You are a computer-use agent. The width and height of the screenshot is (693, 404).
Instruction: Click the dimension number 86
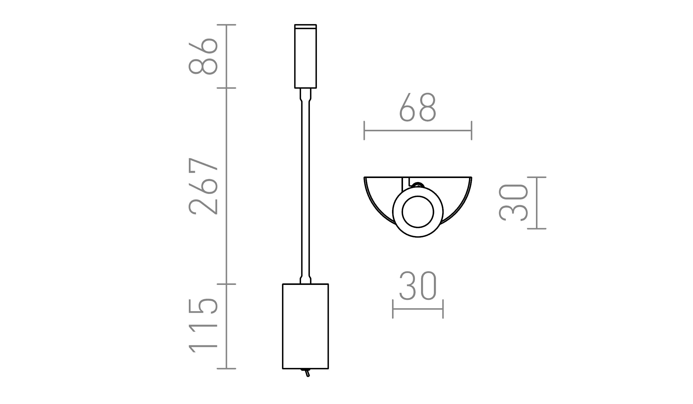[x=203, y=56]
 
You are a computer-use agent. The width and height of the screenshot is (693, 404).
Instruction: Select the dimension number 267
[x=203, y=186]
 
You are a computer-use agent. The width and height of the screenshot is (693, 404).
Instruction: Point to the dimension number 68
[x=418, y=107]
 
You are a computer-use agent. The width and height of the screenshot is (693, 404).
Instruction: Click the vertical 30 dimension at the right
[x=513, y=203]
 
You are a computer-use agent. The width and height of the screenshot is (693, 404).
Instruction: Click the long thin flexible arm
[x=305, y=186]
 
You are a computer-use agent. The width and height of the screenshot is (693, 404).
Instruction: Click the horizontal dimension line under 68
[x=418, y=131]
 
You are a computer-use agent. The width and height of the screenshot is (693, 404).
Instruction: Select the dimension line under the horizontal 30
[x=418, y=309]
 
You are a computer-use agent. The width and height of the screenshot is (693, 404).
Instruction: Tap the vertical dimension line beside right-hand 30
[x=537, y=203]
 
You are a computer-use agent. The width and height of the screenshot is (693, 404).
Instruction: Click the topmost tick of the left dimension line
[x=226, y=25]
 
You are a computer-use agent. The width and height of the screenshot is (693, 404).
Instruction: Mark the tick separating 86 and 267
[x=226, y=88]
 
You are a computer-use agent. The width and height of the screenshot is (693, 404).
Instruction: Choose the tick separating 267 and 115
[x=226, y=284]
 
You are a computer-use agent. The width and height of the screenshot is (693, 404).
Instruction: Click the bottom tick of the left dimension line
[x=226, y=369]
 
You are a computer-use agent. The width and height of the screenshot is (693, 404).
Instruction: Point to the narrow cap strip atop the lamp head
[x=305, y=27]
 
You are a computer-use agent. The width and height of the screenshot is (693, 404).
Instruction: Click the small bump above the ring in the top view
[x=418, y=185]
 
